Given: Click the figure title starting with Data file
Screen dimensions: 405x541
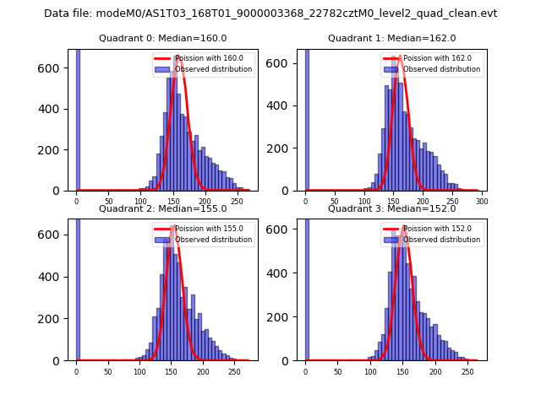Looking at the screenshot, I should pyautogui.click(x=270, y=13).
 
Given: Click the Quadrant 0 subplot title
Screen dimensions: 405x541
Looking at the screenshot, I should pyautogui.click(x=163, y=38).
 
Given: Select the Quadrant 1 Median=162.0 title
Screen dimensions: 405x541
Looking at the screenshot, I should pyautogui.click(x=391, y=38).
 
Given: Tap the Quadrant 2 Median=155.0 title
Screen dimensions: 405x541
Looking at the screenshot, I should pyautogui.click(x=163, y=208).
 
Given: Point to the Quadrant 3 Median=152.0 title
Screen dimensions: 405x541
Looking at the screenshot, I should pyautogui.click(x=391, y=208).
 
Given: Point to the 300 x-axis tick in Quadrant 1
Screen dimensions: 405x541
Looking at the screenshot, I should pyautogui.click(x=483, y=202).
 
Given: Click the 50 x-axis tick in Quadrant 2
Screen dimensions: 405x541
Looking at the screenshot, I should pyautogui.click(x=107, y=371).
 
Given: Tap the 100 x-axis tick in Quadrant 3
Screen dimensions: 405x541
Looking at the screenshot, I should pyautogui.click(x=370, y=371).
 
